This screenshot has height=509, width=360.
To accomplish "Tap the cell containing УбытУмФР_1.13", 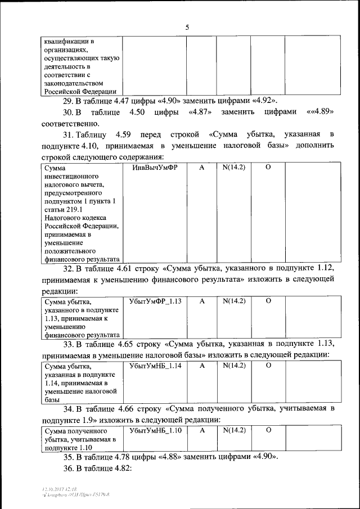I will (155, 301).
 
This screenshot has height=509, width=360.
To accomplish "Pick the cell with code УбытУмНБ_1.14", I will (155, 366).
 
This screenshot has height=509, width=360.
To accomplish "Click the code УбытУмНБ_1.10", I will (155, 430).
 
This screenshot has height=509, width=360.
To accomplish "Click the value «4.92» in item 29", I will (265, 101).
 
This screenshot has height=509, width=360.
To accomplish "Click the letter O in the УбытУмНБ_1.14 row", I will (268, 366).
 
